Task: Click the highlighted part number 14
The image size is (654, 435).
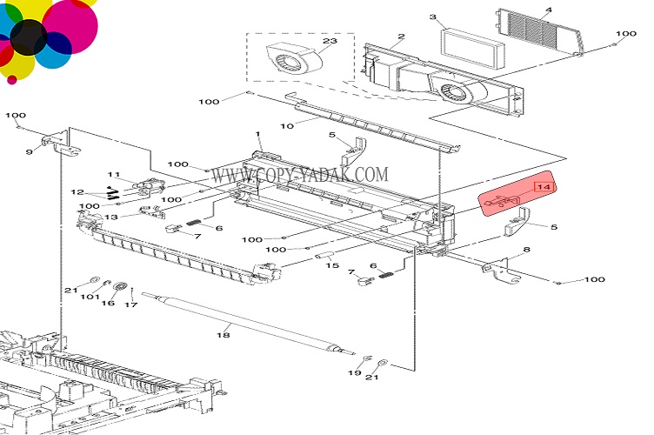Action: pos(544,187)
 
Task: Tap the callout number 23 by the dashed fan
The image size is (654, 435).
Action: pos(330,41)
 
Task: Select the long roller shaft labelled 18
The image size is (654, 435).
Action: pos(249,324)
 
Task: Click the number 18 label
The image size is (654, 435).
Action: pos(224,335)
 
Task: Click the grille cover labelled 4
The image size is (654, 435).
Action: pos(538,32)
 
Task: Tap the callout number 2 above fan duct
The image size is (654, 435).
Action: pos(401,37)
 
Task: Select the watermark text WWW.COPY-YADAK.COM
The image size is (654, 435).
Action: pos(299,175)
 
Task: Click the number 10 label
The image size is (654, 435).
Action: pos(287,125)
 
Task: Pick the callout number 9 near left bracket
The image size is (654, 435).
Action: pos(30,151)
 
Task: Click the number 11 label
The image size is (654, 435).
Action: pos(113,175)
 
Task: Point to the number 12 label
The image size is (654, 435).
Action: pos(77,192)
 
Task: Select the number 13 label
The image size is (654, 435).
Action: pos(111,217)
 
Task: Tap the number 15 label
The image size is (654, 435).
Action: pos(332,265)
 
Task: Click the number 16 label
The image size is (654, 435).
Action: pos(108,304)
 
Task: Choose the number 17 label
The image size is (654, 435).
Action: pos(131,304)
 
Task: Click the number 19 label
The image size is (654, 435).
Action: pos(355,372)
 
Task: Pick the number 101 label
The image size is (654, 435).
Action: pos(90,297)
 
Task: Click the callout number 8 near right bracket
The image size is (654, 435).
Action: pos(527,250)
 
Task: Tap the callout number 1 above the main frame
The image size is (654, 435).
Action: pos(257,134)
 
